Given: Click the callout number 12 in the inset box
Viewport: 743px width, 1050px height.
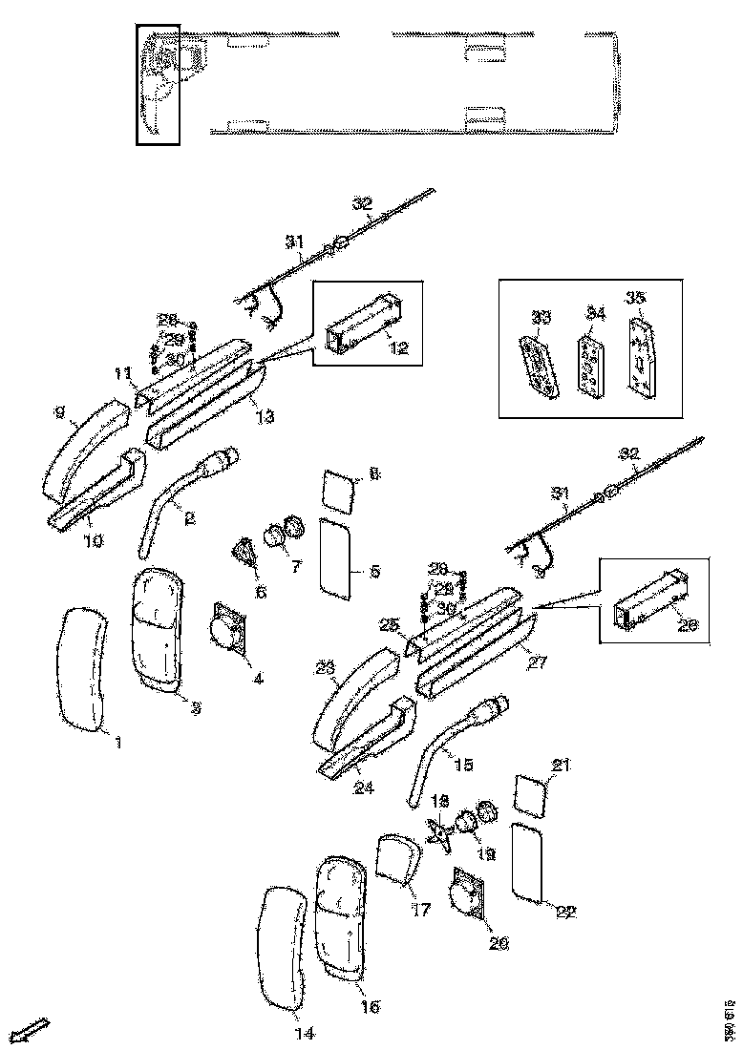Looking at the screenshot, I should point(399,348).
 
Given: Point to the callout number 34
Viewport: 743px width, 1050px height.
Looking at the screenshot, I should point(595,313).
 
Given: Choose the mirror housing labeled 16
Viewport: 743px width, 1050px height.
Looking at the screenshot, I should point(340,916).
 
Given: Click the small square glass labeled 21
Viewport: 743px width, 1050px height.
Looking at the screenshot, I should point(532,796).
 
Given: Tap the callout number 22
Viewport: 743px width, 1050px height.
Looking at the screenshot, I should point(565,912).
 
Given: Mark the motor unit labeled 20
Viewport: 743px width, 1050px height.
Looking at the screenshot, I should point(467,897).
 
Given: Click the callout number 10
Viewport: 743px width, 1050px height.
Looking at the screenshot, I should point(94,540).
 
